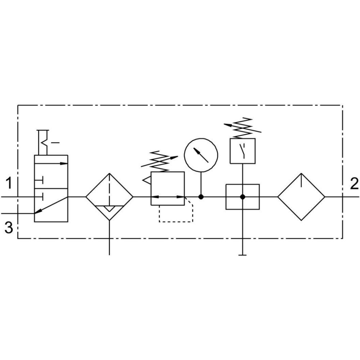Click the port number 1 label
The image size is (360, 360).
pos(9,183)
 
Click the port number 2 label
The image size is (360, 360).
pos(354,184)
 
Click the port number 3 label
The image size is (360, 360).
pos(9,228)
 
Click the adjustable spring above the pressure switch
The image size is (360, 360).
pos(242,127)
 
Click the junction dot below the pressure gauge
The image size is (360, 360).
pos(201,197)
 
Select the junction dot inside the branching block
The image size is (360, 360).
pos(242,197)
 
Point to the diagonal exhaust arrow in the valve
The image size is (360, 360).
pos(51,205)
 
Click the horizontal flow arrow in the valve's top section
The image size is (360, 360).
pos(51,163)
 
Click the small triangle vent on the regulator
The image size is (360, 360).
pos(147,180)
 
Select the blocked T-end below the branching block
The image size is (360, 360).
pos(242,255)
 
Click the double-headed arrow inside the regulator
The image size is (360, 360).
pos(168,197)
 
